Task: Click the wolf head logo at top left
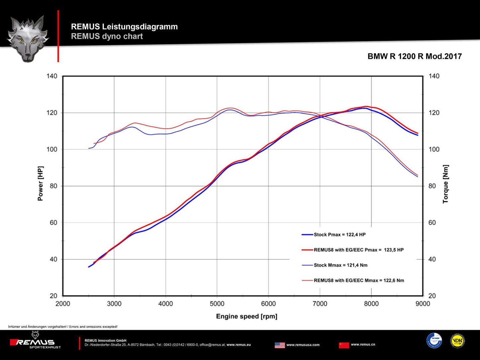pyautogui.click(x=28, y=38)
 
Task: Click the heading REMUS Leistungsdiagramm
pyautogui.click(x=124, y=27)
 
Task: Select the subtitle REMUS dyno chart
pyautogui.click(x=107, y=36)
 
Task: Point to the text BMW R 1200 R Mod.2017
pyautogui.click(x=415, y=56)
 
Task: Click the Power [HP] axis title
pyautogui.click(x=41, y=184)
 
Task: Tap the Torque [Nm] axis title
pyautogui.click(x=445, y=184)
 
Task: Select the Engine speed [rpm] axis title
pyautogui.click(x=246, y=316)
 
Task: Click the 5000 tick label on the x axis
pyautogui.click(x=217, y=304)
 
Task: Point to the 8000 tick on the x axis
pyautogui.click(x=371, y=304)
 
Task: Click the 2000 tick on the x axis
pyautogui.click(x=63, y=304)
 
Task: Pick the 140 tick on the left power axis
pyautogui.click(x=52, y=76)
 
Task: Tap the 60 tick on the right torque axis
pyautogui.click(x=432, y=223)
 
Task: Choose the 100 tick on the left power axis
pyautogui.click(x=52, y=149)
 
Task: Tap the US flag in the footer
pyautogui.click(x=280, y=345)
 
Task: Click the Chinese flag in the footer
pyautogui.click(x=344, y=345)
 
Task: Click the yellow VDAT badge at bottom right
pyautogui.click(x=457, y=341)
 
